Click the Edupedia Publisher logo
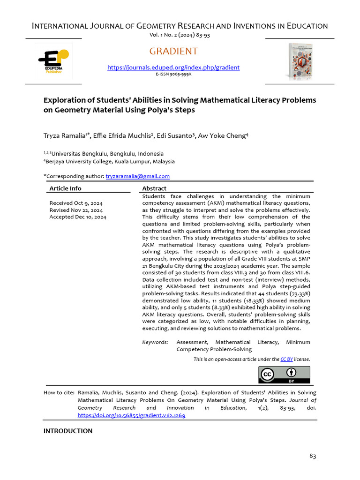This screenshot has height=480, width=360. point(53,61)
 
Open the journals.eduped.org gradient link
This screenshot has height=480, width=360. point(173,67)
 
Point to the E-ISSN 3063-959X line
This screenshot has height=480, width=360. point(173,74)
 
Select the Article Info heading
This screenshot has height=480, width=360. point(65,188)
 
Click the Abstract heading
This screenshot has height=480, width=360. point(154,188)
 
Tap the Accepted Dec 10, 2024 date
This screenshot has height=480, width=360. point(78,217)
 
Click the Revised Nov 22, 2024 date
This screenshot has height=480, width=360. point(76,210)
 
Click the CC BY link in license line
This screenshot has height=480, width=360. point(286,359)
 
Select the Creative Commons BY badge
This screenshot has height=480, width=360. point(284,375)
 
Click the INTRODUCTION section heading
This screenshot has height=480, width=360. point(68,431)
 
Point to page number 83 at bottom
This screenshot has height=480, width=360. point(313,456)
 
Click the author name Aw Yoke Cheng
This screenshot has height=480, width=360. point(223,136)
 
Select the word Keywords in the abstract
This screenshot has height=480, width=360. point(155,342)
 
